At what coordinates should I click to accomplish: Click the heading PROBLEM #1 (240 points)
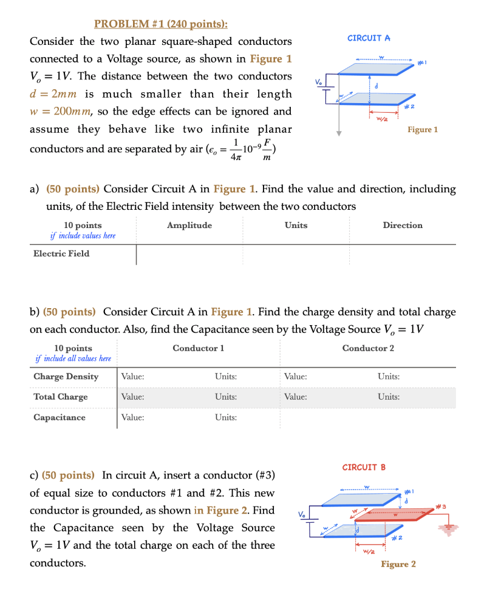(161, 24)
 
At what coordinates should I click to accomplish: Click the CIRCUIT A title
(369, 38)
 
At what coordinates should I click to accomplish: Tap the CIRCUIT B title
(364, 467)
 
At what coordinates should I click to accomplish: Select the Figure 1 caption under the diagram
(423, 129)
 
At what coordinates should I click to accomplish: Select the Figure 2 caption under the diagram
(398, 564)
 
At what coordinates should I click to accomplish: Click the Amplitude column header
(189, 225)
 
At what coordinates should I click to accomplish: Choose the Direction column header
(402, 225)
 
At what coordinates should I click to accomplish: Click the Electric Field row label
(61, 254)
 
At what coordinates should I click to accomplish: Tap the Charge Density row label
(66, 376)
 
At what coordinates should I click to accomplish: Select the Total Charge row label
(60, 397)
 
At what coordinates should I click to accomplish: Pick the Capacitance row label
(60, 417)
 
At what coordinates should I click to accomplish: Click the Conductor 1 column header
(198, 348)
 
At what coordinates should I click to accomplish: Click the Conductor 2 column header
(368, 348)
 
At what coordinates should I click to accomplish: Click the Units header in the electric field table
(296, 225)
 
